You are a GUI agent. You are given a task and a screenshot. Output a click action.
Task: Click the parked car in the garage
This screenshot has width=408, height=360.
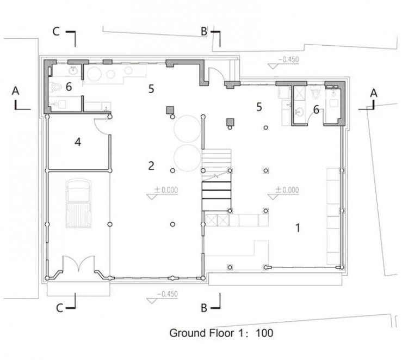[x=78, y=204]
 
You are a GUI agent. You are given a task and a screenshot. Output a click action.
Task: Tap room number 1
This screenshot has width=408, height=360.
[x=298, y=228]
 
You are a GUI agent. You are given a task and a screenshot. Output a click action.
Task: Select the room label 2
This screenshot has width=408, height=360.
[x=152, y=166]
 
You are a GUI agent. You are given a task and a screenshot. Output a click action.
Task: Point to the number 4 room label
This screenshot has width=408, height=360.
[x=78, y=142]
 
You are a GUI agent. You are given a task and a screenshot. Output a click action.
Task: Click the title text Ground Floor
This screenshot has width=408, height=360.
[x=202, y=332]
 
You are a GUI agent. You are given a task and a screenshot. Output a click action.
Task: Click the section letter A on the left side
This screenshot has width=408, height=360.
[x=16, y=90]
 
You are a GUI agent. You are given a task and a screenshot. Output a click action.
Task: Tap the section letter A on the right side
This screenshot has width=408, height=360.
[x=374, y=93]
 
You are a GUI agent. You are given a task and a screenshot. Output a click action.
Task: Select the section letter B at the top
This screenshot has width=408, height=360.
[x=204, y=32]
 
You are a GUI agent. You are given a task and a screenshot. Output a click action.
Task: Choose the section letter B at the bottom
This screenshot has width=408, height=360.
[x=204, y=308]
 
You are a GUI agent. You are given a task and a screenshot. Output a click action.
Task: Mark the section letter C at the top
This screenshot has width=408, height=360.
[x=55, y=31]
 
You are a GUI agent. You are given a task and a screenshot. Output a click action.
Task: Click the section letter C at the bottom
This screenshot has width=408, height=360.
[x=61, y=308]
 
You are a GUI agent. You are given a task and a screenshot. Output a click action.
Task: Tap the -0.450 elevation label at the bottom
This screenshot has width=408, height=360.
[x=166, y=295]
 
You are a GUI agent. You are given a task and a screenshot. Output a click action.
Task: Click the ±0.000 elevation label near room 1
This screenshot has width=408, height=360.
[x=287, y=190]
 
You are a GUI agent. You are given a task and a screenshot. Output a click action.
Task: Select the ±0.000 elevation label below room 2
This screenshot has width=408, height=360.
[x=166, y=190]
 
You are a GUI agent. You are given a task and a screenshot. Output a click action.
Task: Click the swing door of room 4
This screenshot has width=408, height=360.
[x=102, y=125]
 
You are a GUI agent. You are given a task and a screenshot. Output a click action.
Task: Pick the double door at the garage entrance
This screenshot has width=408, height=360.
[x=78, y=267]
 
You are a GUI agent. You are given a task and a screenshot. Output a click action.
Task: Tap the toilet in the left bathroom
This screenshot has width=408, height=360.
[x=57, y=87]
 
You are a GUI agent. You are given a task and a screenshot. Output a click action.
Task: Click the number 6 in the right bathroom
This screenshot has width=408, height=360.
[x=316, y=109]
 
